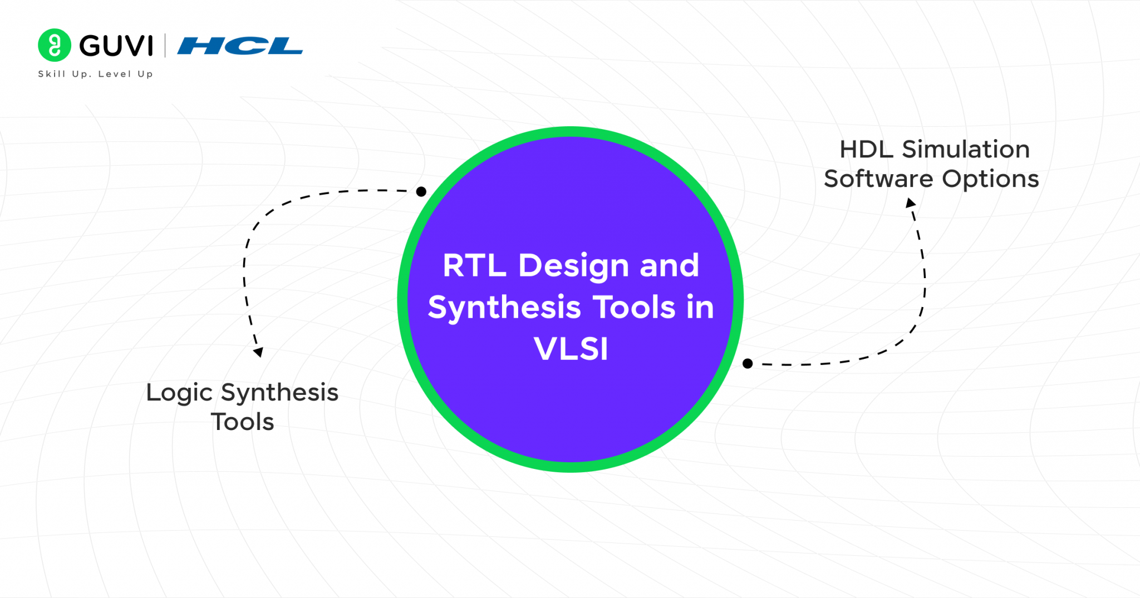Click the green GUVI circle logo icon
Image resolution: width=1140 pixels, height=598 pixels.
click(54, 45)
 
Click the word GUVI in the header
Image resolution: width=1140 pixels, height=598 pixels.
click(116, 46)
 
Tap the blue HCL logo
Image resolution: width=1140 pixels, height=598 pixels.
click(240, 46)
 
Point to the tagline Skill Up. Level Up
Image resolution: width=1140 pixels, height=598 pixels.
click(95, 74)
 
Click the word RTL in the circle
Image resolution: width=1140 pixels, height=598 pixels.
click(474, 265)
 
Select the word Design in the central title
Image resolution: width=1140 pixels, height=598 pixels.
click(573, 266)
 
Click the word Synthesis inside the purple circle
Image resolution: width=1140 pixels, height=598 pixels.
click(504, 308)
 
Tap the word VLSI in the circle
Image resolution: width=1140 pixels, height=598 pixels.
click(571, 349)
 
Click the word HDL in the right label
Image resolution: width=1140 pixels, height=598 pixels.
click(866, 150)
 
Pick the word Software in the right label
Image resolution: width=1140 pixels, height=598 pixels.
click(878, 179)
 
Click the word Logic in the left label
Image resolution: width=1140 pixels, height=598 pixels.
click(179, 393)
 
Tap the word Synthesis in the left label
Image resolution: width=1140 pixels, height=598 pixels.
click(279, 393)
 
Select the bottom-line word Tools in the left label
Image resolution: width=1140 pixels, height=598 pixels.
click(242, 422)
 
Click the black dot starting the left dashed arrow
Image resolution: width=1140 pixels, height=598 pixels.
click(421, 192)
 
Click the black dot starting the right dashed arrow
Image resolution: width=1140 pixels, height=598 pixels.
click(748, 364)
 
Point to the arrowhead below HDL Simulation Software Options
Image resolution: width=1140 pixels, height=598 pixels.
click(911, 203)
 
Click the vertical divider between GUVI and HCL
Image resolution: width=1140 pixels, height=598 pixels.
click(165, 46)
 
